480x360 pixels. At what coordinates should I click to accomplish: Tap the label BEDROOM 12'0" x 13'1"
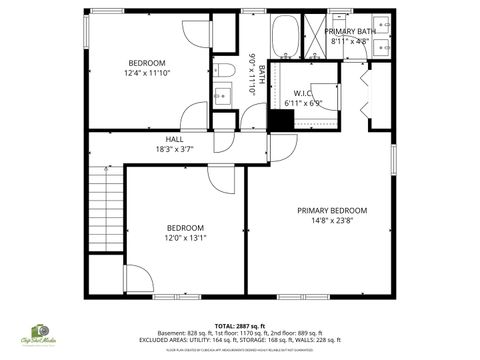pyautogui.click(x=185, y=232)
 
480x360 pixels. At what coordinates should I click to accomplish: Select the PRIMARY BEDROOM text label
pyautogui.click(x=332, y=210)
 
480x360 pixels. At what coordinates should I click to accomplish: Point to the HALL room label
pyautogui.click(x=174, y=140)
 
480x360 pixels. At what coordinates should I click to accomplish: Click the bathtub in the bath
pyautogui.click(x=285, y=34)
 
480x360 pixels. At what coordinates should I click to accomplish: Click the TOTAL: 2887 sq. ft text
pyautogui.click(x=240, y=326)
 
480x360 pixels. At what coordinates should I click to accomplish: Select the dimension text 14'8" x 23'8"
pyautogui.click(x=332, y=221)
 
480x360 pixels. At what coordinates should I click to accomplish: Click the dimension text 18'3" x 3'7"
pyautogui.click(x=174, y=149)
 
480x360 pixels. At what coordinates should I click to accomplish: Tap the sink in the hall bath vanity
pyautogui.click(x=223, y=95)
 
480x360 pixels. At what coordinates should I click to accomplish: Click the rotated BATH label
pyautogui.click(x=262, y=73)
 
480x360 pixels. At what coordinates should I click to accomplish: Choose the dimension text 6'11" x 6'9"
pyautogui.click(x=304, y=103)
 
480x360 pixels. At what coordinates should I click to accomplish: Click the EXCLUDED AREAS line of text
pyautogui.click(x=240, y=339)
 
